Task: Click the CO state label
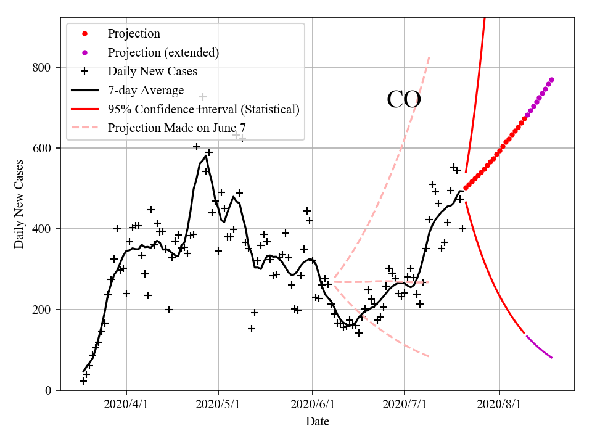(x=403, y=99)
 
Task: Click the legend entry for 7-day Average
(x=146, y=91)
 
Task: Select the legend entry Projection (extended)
(x=163, y=52)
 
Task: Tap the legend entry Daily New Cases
(x=152, y=72)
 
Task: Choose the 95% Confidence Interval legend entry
(x=203, y=110)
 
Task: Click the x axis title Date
(x=318, y=422)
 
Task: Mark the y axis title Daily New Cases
(x=19, y=204)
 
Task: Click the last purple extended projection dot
(x=551, y=80)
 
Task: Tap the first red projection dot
(x=466, y=188)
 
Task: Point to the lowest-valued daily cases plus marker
(x=83, y=381)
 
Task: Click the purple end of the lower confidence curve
(x=551, y=358)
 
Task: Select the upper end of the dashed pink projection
(x=429, y=57)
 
